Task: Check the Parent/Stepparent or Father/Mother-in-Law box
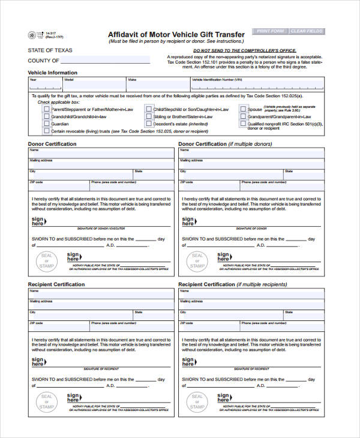(x=46, y=110)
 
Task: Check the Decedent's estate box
(x=148, y=124)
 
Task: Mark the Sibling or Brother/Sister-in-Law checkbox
(x=148, y=117)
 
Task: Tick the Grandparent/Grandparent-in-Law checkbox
(x=243, y=117)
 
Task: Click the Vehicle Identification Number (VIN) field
(x=257, y=85)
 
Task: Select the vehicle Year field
(x=45, y=85)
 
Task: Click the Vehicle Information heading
(x=53, y=73)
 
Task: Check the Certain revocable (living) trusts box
(x=46, y=131)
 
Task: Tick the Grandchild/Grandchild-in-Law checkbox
(x=46, y=117)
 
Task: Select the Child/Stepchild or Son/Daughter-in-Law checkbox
(x=148, y=110)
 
